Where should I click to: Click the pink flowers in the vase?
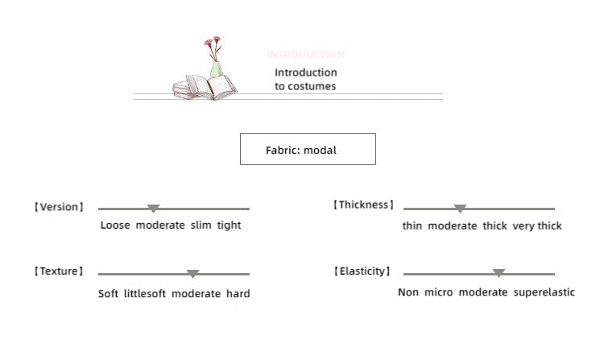tap(212, 43)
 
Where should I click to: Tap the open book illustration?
tap(211, 86)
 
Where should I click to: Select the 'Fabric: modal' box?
tap(308, 149)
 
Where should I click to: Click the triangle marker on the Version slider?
tap(153, 209)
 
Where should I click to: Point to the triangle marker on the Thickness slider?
tap(460, 209)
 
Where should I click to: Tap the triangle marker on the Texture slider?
tap(192, 274)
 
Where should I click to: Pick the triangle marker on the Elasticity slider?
tap(499, 274)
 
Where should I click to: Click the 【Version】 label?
tap(59, 207)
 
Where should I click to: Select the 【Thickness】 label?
tap(364, 205)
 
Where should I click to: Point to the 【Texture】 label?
tap(59, 271)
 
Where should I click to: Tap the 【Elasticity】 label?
tap(362, 271)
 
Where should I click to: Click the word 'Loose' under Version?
tap(115, 226)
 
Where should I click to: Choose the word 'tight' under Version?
tap(229, 226)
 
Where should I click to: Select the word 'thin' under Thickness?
tap(412, 226)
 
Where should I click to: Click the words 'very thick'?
tap(537, 226)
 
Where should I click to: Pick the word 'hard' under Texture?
tap(238, 294)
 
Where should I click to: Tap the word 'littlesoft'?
tap(145, 294)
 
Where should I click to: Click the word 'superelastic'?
tap(544, 292)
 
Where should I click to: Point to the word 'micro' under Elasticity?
tap(438, 292)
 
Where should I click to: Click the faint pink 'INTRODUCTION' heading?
tap(305, 55)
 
